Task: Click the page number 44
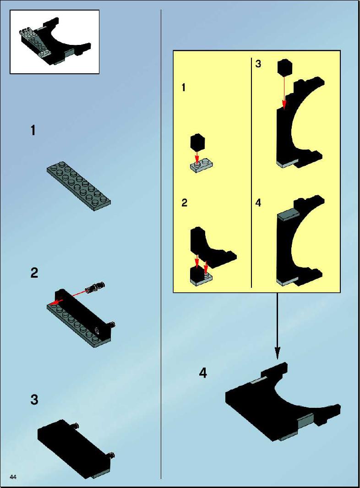coord(13,477)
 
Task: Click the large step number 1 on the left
coord(33,130)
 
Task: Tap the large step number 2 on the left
coord(34,273)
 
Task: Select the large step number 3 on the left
coord(34,400)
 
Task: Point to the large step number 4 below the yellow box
coord(203,373)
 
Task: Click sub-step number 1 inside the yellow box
coord(184,88)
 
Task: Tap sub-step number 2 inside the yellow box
coord(185,203)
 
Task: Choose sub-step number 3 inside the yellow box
coord(258,64)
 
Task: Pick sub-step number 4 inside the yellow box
coord(258,203)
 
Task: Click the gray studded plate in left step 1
coord(79,186)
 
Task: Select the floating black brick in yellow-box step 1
coord(197,142)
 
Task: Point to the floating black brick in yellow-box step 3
coord(284,67)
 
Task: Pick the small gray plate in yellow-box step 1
coord(201,165)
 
